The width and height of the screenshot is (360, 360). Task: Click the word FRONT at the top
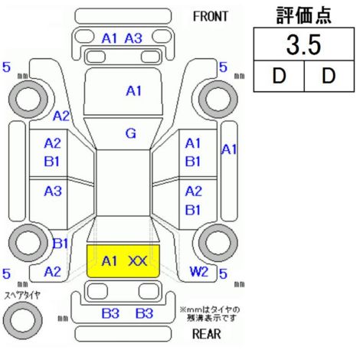pyautogui.click(x=210, y=17)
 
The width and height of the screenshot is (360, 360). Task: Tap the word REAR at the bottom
pyautogui.click(x=206, y=334)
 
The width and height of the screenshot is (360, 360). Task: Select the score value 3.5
pyautogui.click(x=303, y=45)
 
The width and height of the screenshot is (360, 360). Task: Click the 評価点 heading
pyautogui.click(x=304, y=15)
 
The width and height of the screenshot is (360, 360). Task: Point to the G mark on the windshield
pyautogui.click(x=131, y=133)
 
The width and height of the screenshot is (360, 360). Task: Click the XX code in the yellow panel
pyautogui.click(x=138, y=261)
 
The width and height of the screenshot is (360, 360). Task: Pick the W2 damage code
pyautogui.click(x=199, y=272)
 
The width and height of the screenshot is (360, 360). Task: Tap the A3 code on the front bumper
pyautogui.click(x=133, y=38)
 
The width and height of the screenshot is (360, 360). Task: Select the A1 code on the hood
pyautogui.click(x=134, y=91)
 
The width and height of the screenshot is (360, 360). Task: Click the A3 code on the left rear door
pyautogui.click(x=53, y=191)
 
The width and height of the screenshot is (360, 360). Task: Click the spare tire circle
pyautogui.click(x=23, y=320)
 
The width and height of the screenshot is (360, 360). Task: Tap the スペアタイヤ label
pyautogui.click(x=22, y=296)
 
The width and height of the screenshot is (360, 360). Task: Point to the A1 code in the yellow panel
pyautogui.click(x=110, y=261)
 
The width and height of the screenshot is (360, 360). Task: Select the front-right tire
pyautogui.click(x=218, y=99)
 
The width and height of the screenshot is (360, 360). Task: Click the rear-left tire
pyautogui.click(x=28, y=243)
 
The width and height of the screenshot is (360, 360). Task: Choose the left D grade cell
pyautogui.click(x=279, y=76)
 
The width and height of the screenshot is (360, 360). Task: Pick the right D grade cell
pyautogui.click(x=329, y=76)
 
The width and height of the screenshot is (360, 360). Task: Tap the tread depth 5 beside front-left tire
pyautogui.click(x=6, y=67)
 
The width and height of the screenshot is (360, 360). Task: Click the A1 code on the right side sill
pyautogui.click(x=229, y=149)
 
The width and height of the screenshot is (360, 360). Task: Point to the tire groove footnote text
pyautogui.click(x=210, y=314)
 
